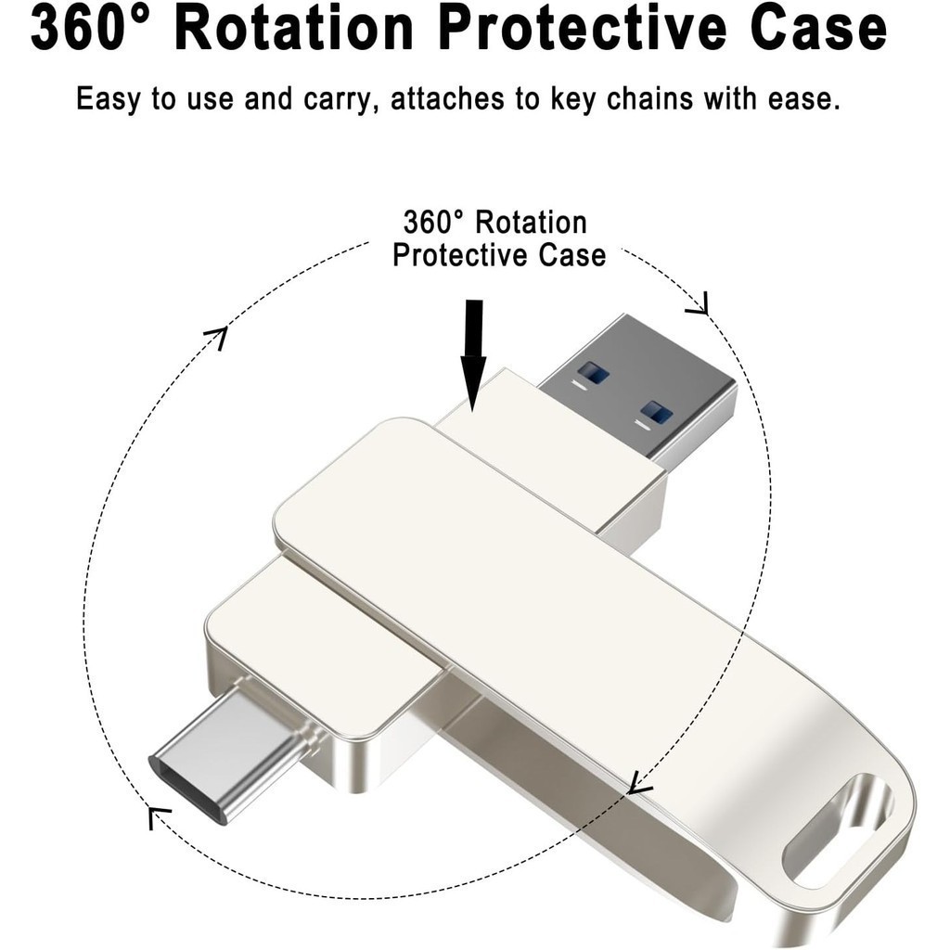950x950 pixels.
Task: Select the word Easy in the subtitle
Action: (109, 99)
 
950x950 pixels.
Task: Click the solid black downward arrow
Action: (473, 355)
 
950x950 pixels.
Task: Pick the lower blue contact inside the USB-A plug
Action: (657, 413)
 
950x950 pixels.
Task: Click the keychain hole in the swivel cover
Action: (838, 828)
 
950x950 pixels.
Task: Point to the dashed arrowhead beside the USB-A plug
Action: (698, 304)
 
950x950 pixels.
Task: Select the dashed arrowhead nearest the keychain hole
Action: (639, 783)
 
